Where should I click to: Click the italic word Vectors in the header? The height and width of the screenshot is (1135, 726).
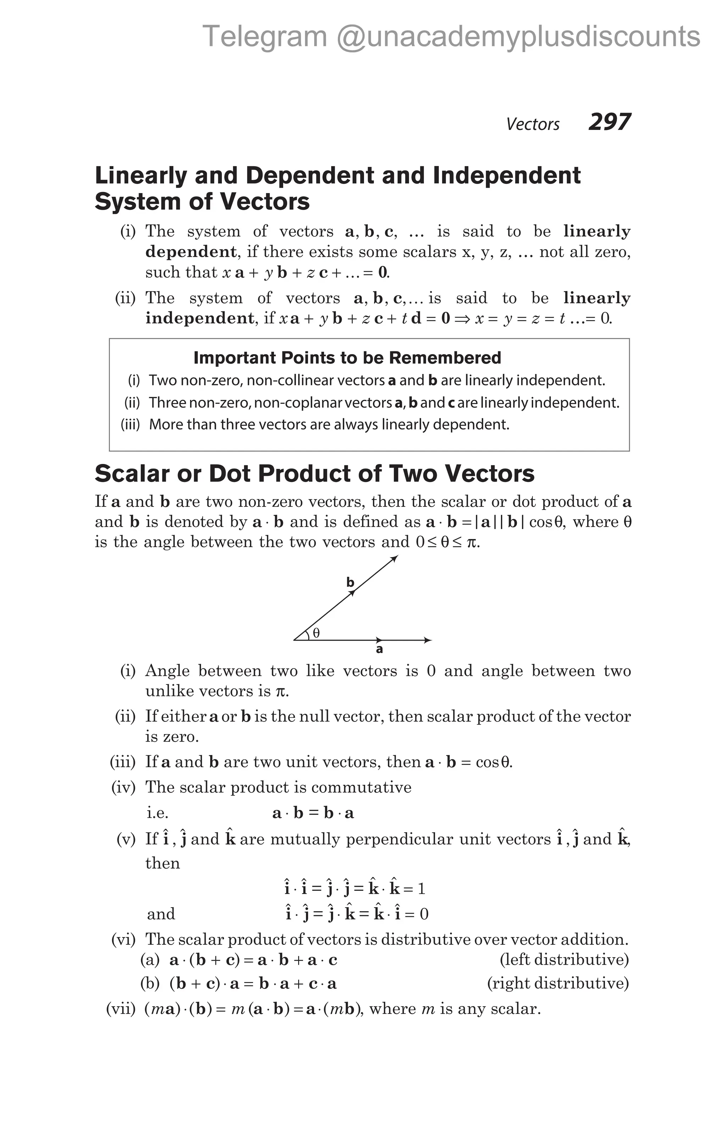[x=532, y=124]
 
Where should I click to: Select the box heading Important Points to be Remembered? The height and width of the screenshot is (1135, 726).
[x=347, y=358]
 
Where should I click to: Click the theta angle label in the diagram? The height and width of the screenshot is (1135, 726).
[x=316, y=633]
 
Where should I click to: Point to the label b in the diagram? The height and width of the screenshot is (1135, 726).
[x=350, y=583]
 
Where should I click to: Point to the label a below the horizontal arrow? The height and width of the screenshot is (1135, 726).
[x=379, y=649]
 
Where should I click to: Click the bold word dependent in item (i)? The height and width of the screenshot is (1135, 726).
[x=191, y=252]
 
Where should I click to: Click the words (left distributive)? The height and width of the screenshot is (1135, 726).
[x=564, y=960]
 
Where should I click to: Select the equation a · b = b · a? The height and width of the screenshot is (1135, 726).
[x=313, y=813]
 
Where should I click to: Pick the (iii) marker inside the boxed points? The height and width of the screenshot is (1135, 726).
[x=130, y=425]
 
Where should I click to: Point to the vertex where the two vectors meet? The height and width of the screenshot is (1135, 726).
[x=294, y=640]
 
